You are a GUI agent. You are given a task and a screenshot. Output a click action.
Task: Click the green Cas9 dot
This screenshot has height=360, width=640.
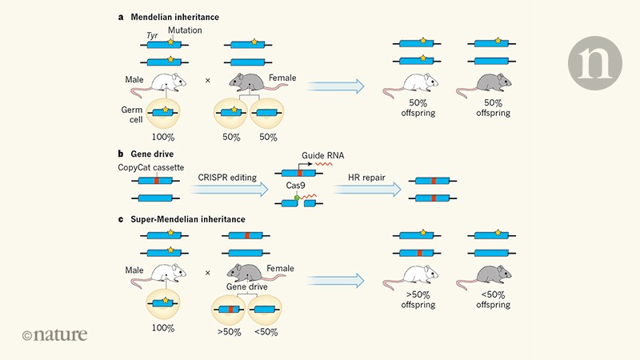click(297, 199)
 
